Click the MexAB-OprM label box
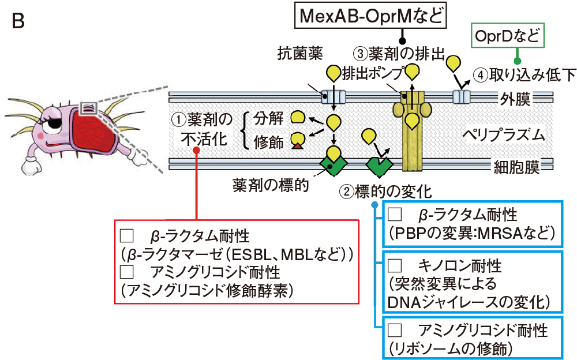coord(370,16)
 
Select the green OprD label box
coord(507,36)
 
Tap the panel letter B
coord(18,21)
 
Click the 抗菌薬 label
coord(300,54)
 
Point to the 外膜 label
coord(515,99)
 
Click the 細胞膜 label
coord(516,167)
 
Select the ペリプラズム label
coord(503,135)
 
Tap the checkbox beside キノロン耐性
coord(395,265)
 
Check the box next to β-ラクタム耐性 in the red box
coord(127,235)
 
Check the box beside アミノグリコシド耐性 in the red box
coord(127,272)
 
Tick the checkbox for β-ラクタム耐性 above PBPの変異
coord(395,214)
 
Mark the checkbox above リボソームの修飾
coord(395,330)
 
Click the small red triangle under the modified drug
coord(297,146)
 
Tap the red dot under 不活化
coord(197,150)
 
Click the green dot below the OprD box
coord(517,61)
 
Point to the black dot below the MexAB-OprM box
coord(403,41)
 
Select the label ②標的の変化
coord(385,192)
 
